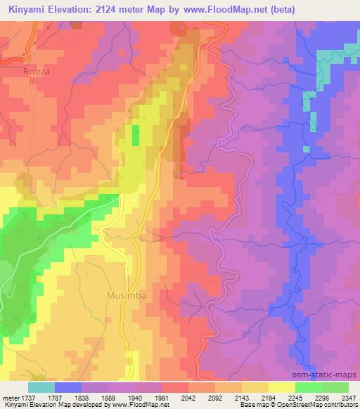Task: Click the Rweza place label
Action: click(x=36, y=71)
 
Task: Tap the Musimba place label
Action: click(x=127, y=295)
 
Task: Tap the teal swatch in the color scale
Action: click(x=40, y=387)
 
